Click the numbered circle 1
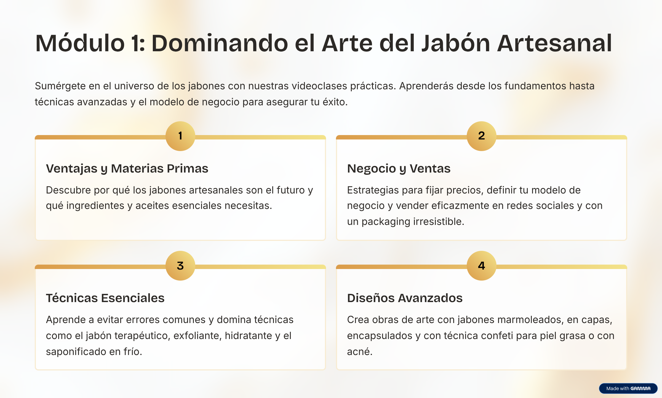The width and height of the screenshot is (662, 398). tap(180, 136)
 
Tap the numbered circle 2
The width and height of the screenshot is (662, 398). tap(482, 136)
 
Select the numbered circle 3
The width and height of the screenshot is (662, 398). tap(180, 266)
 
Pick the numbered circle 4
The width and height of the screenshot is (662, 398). tap(482, 266)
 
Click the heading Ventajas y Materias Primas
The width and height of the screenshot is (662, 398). tap(127, 168)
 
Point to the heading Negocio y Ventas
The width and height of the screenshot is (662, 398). tap(399, 168)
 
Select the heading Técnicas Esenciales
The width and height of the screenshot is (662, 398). tap(105, 298)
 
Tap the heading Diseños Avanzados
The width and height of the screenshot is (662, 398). tap(405, 298)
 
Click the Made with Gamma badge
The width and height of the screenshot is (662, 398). tap(628, 388)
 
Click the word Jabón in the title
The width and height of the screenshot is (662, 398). tap(456, 43)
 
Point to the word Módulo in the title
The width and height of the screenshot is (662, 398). tap(80, 43)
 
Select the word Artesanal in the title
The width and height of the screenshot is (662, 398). tap(555, 43)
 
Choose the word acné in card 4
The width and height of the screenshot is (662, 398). tap(360, 352)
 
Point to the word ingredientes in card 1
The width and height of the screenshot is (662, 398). tap(95, 206)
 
